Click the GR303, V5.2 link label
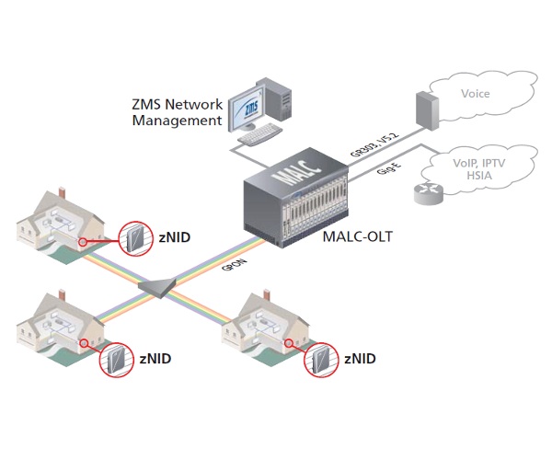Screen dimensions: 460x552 coord(374,143)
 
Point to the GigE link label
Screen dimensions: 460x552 coord(390,172)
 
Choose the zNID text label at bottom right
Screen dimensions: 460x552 coord(360,357)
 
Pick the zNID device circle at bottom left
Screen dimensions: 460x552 coord(117,358)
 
